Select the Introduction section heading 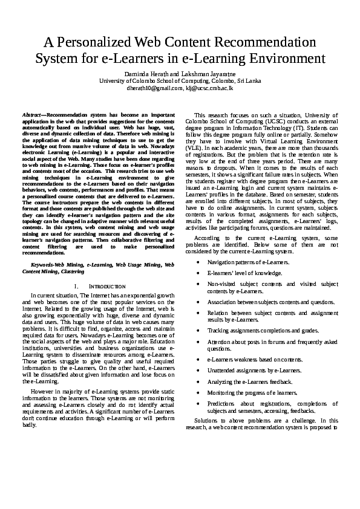[103, 286]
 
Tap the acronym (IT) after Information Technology [300, 128]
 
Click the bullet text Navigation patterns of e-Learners [249, 262]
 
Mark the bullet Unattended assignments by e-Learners [254, 371]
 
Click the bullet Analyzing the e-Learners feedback [250, 382]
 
